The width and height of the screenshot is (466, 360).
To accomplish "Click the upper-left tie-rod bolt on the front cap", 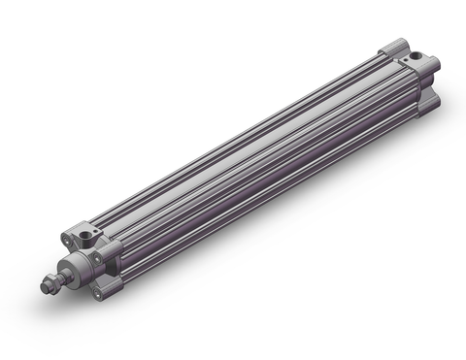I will (x=67, y=240).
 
